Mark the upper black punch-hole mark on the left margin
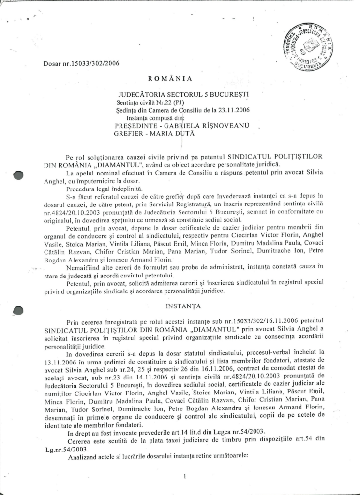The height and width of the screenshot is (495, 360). tap(18, 175)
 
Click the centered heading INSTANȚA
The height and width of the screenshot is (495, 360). tap(180, 306)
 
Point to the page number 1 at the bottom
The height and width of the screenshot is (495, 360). tap(185, 476)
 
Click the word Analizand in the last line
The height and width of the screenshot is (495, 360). tap(82, 455)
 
